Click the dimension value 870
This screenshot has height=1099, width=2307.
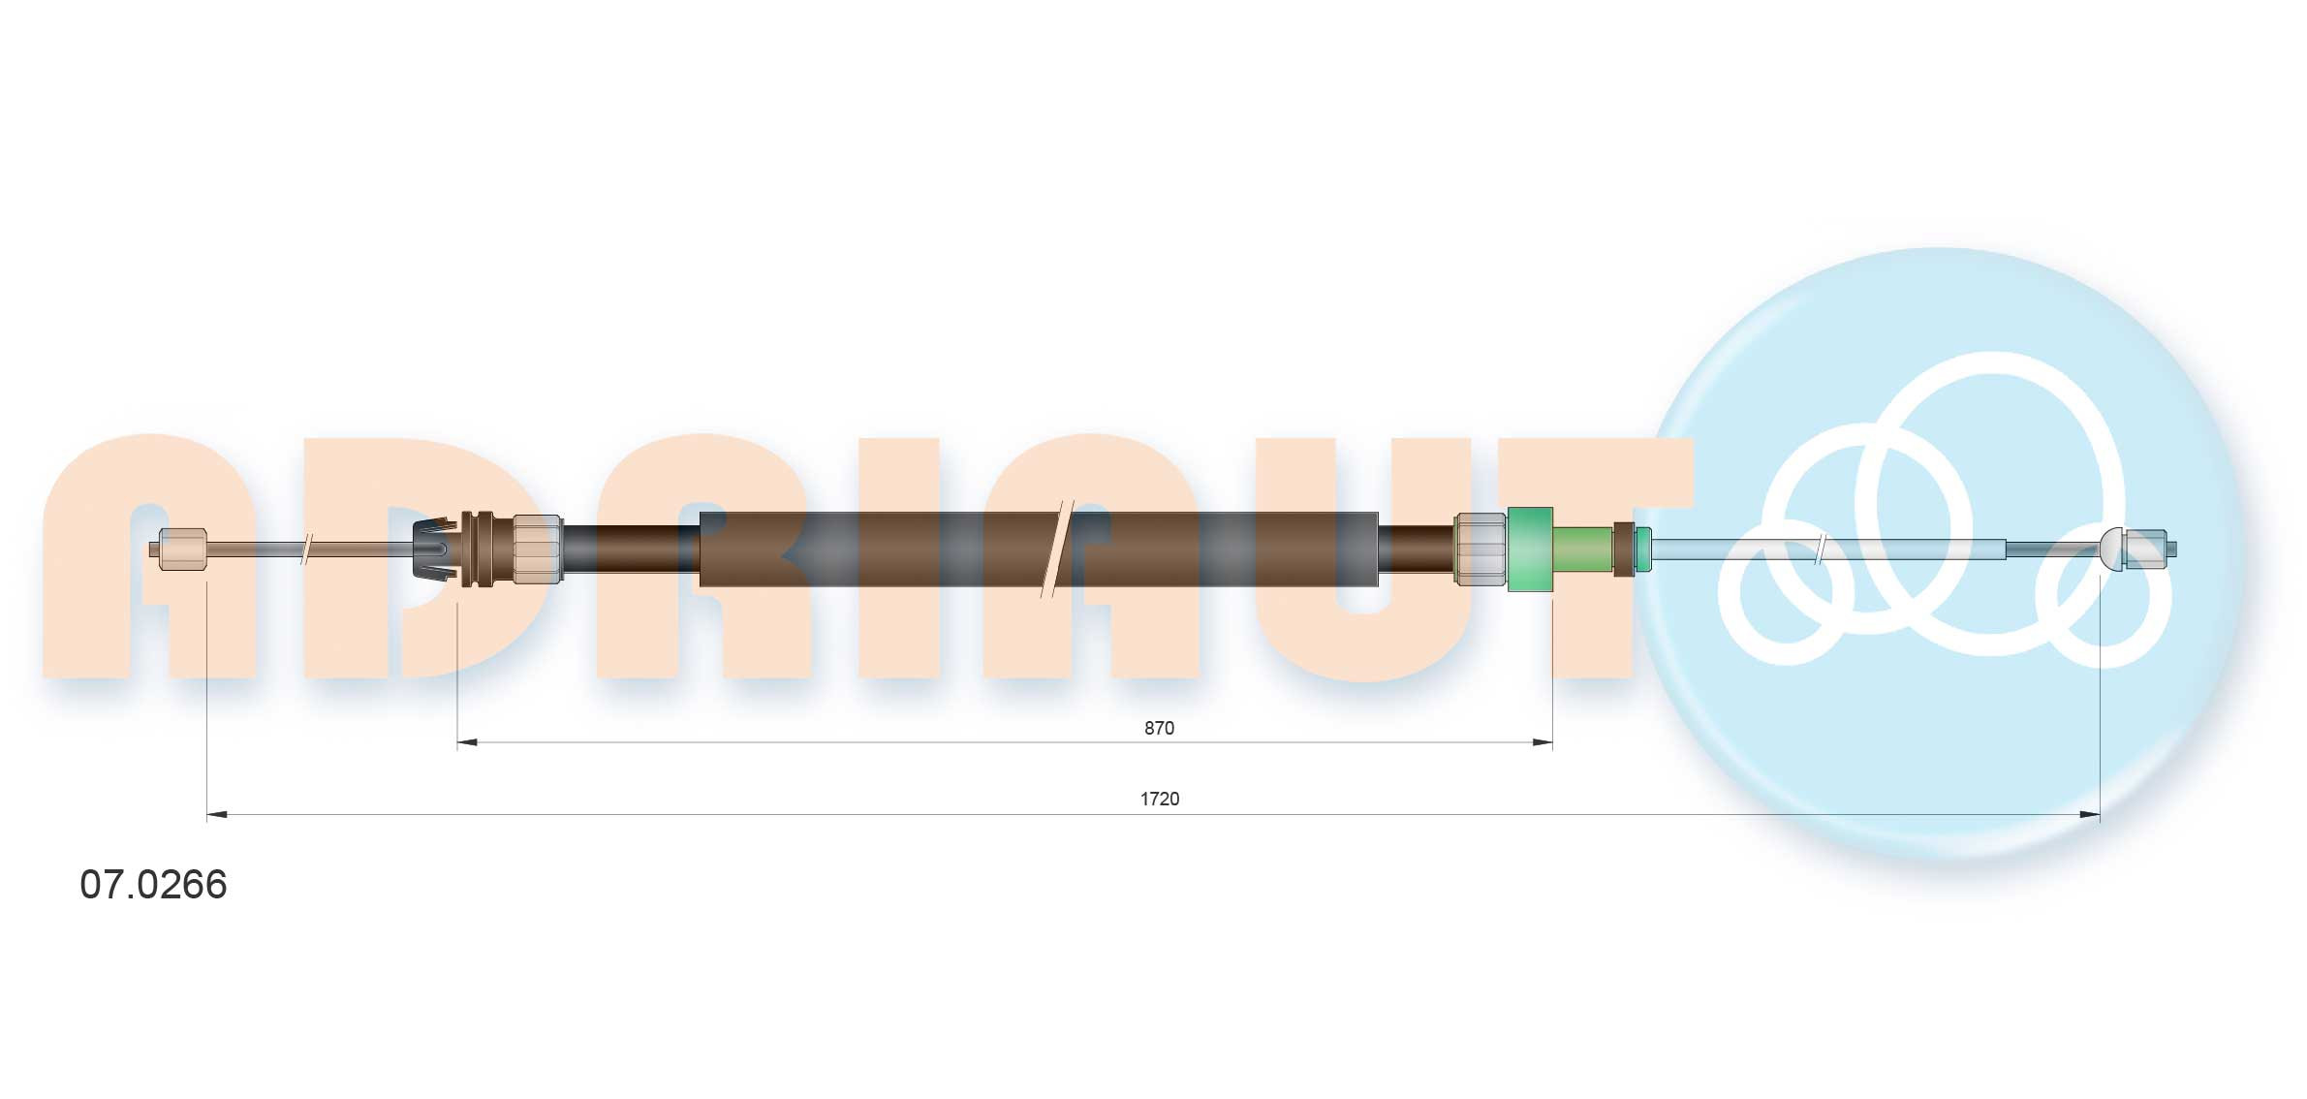pos(1159,728)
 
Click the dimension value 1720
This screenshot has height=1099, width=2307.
pos(1159,799)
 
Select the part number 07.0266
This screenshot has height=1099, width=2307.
pos(153,884)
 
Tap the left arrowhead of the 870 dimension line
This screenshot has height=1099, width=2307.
pos(467,742)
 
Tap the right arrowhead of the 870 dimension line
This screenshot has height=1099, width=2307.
pos(1543,742)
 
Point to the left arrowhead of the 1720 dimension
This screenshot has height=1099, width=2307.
pos(217,815)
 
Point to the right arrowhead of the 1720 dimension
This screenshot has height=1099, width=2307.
pos(2090,815)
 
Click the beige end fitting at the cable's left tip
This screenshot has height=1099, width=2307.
pos(182,549)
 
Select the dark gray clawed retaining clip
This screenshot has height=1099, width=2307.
pos(434,549)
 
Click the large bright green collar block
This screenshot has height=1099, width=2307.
pos(1530,549)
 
